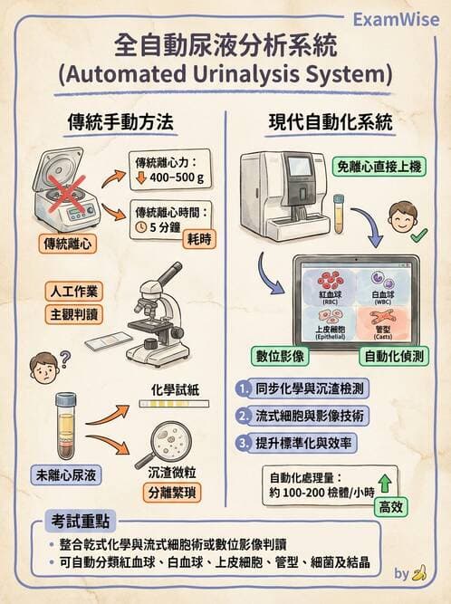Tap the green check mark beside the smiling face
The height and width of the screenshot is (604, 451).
419,236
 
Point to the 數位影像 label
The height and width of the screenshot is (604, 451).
275,355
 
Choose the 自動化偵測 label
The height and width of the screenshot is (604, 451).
395,355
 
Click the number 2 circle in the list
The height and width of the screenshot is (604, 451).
243,417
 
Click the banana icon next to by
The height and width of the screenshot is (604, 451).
418,573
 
